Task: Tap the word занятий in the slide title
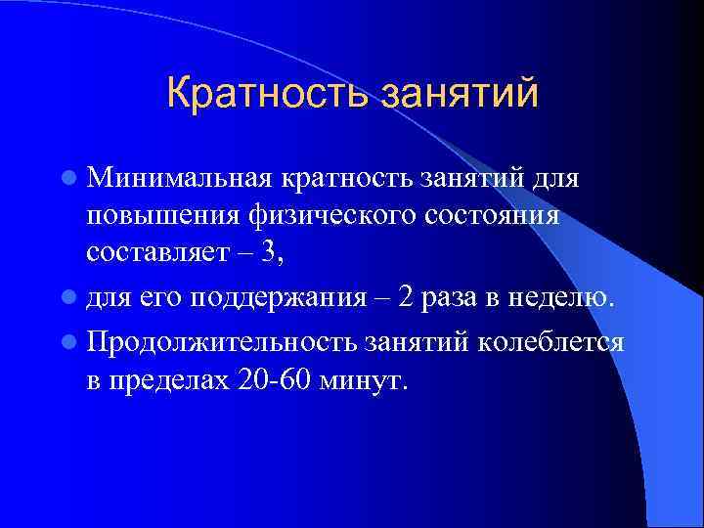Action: pyautogui.click(x=459, y=96)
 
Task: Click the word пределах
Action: pyautogui.click(x=168, y=379)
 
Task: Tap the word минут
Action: pyautogui.click(x=368, y=379)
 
